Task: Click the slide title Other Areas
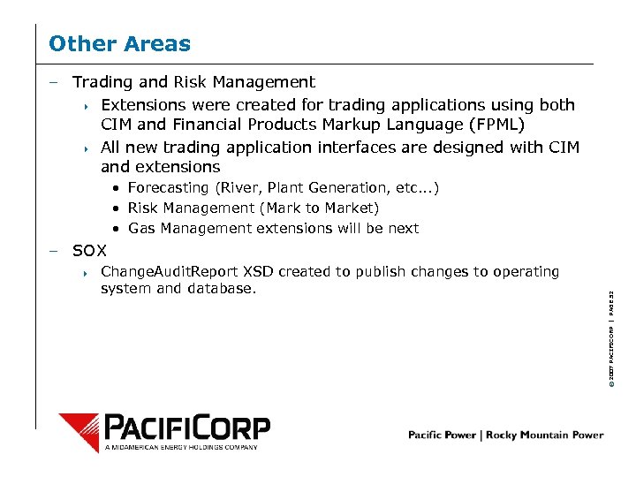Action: [119, 43]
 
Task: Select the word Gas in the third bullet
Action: [141, 228]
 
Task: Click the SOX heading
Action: [89, 250]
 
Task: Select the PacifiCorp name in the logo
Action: [187, 428]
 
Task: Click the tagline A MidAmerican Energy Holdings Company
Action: [181, 448]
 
